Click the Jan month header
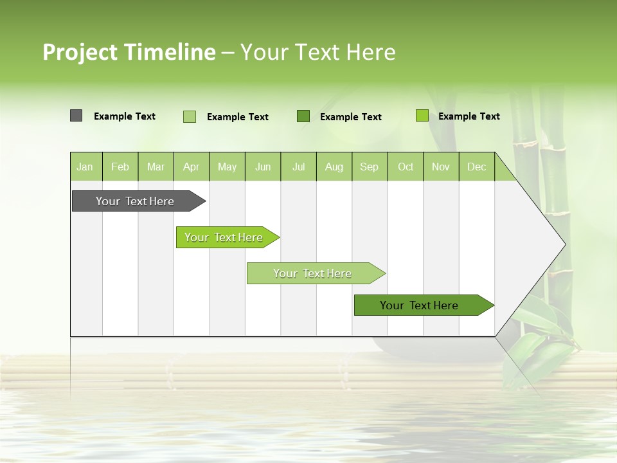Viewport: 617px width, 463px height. tap(85, 167)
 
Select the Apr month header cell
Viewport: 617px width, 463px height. tap(191, 167)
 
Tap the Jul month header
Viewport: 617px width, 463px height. tap(298, 167)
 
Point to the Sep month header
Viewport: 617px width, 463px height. tap(369, 167)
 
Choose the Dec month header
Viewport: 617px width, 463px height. tap(476, 167)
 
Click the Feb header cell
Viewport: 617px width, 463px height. tap(120, 167)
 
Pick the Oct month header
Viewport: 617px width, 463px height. tap(406, 167)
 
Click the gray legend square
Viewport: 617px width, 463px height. tap(76, 116)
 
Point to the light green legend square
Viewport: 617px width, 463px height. tap(190, 116)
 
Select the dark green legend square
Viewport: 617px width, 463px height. tap(303, 116)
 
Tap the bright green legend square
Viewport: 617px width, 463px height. tap(422, 116)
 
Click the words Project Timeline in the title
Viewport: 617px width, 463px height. tap(129, 52)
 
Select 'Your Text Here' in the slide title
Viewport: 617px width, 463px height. tap(317, 52)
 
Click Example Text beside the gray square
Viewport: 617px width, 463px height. tap(125, 116)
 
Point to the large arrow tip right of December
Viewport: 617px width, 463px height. tap(540, 244)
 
